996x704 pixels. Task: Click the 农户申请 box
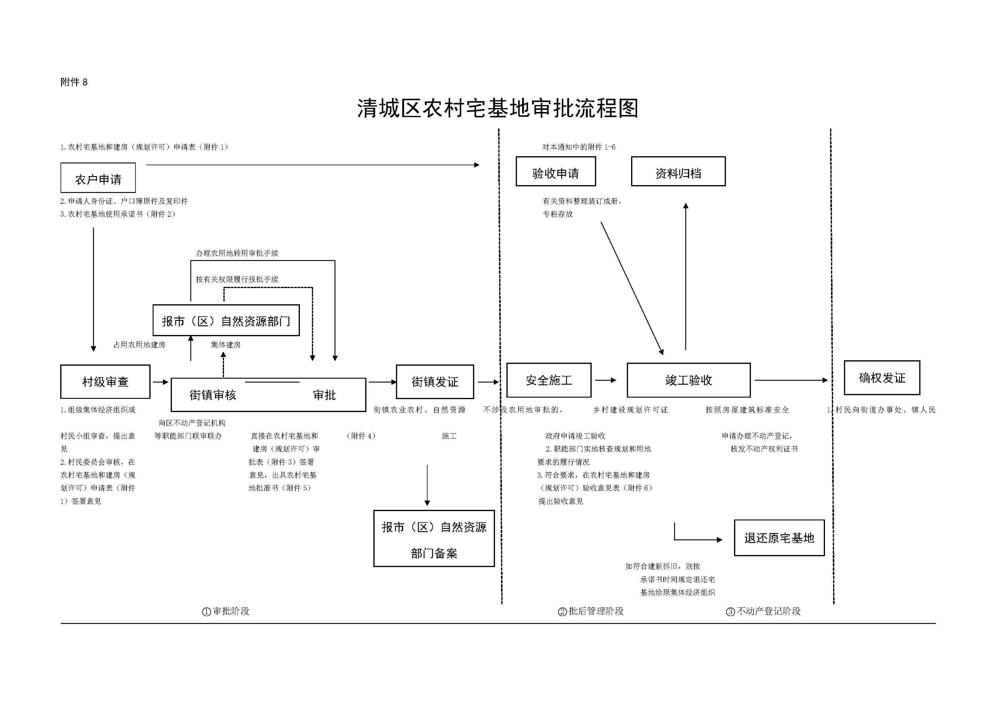point(98,178)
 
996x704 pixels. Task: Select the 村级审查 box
point(105,382)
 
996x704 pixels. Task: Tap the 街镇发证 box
point(435,382)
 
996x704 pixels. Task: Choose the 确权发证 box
point(882,378)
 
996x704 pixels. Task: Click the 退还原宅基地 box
point(779,538)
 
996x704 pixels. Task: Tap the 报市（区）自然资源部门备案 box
point(434,538)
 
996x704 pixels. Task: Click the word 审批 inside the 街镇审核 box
point(325,395)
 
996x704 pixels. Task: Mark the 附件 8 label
point(74,82)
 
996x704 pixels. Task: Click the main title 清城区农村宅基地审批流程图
point(498,108)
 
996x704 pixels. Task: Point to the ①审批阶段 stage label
point(226,611)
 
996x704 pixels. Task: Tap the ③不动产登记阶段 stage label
point(764,611)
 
